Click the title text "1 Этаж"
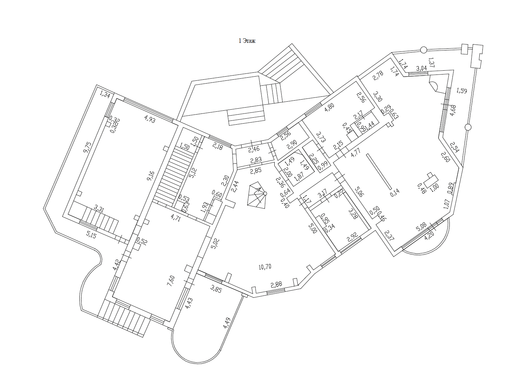247,41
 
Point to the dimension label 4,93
150,120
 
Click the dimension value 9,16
150,174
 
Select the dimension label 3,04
422,68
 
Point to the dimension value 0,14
395,192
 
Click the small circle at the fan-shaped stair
265,193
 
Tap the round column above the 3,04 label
423,50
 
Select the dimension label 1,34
105,94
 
